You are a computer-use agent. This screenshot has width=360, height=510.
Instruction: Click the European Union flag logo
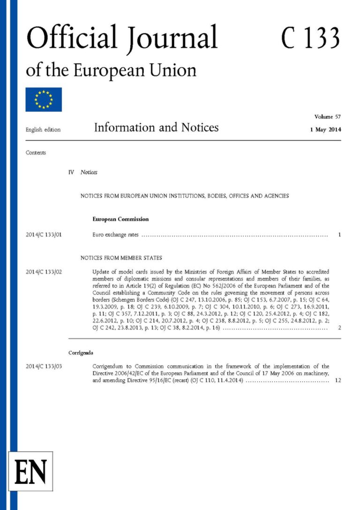(x=44, y=99)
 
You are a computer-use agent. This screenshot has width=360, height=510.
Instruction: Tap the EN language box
(x=31, y=471)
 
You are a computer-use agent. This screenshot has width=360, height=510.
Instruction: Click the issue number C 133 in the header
(x=310, y=38)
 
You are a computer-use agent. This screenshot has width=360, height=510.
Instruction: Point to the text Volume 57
(x=328, y=116)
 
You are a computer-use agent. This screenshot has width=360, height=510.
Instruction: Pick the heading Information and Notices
(x=156, y=128)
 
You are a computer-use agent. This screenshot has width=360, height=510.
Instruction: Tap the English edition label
(x=43, y=130)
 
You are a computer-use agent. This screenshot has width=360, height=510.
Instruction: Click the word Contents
(x=36, y=152)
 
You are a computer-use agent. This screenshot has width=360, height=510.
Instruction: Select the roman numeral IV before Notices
(x=71, y=172)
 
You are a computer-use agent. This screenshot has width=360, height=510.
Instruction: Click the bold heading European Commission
(x=120, y=219)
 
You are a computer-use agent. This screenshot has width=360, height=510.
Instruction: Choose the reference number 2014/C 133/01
(x=44, y=235)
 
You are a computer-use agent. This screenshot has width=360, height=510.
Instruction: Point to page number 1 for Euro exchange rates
(x=339, y=235)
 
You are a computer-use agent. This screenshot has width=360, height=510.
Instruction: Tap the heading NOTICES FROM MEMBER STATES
(x=121, y=258)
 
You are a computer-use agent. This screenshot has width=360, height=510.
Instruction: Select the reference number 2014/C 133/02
(x=44, y=272)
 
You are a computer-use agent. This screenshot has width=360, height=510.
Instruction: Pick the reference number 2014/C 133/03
(x=44, y=366)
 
